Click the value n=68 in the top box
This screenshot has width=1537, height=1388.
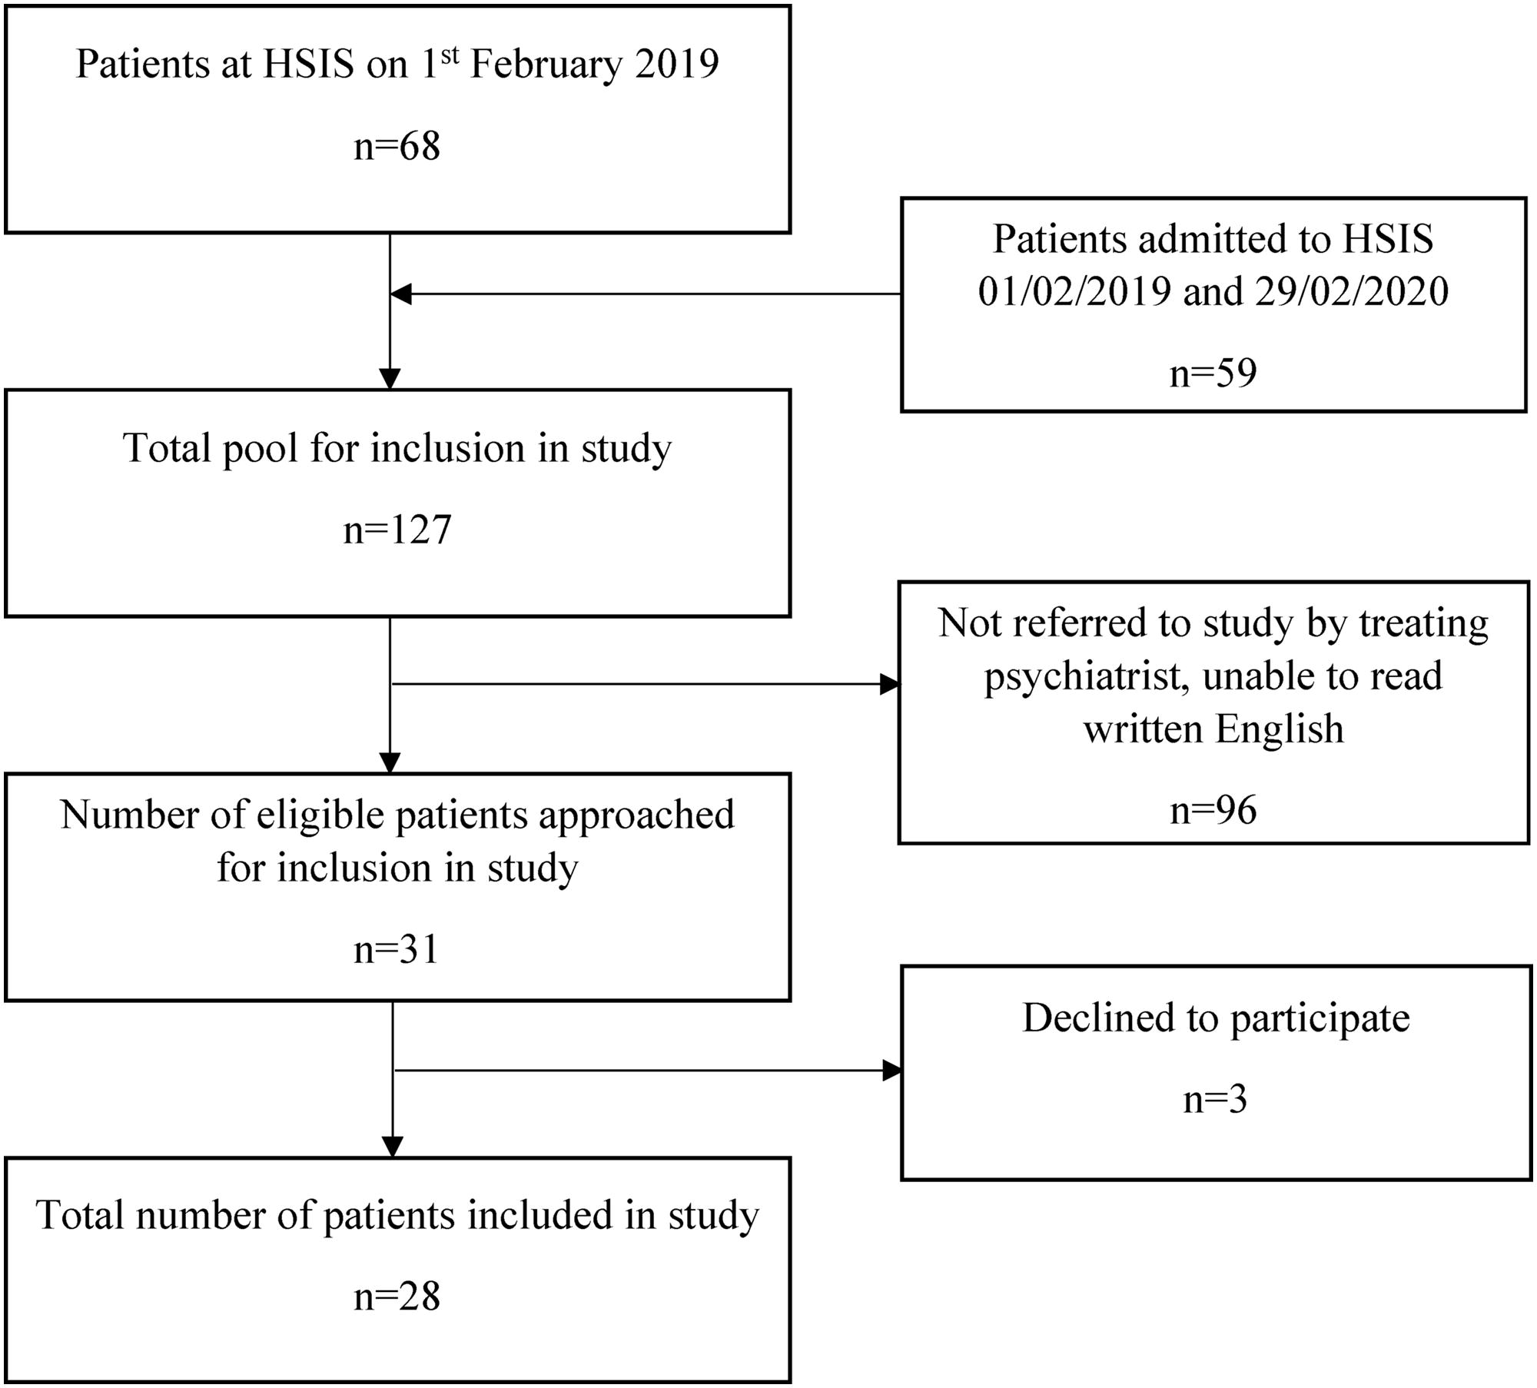coord(397,145)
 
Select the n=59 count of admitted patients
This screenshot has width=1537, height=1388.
coord(1213,373)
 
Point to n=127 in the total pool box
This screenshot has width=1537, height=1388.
coord(397,530)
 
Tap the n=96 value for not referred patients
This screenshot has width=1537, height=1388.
coord(1213,810)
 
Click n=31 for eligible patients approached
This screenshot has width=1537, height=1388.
coord(397,948)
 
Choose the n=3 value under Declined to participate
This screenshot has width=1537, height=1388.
coord(1215,1099)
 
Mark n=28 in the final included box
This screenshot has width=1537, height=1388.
coord(397,1296)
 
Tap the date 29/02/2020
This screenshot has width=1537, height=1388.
coord(1352,291)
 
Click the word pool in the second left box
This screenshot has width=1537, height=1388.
coord(260,449)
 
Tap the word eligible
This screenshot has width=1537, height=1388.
coord(321,815)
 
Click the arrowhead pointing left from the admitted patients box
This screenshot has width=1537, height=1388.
coord(400,294)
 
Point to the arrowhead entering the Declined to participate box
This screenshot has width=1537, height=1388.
coord(892,1070)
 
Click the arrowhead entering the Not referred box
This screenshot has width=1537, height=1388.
coord(890,684)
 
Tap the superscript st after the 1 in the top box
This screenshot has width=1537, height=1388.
coord(450,54)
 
